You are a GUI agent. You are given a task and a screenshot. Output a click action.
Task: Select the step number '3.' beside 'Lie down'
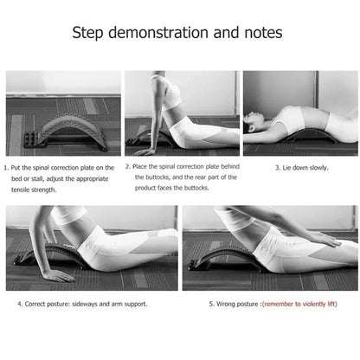click(x=279, y=168)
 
